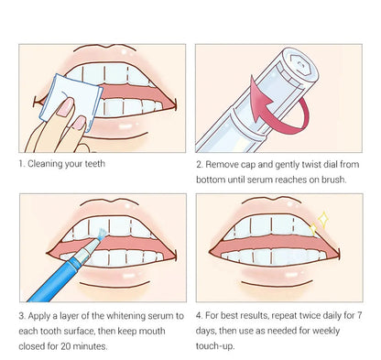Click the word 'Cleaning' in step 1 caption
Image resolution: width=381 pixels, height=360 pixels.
tap(50, 165)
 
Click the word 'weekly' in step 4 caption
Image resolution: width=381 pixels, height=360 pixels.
tap(345, 331)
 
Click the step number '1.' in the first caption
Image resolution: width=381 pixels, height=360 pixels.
tap(22, 165)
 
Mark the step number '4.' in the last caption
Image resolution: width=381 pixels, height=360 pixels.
tap(200, 316)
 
